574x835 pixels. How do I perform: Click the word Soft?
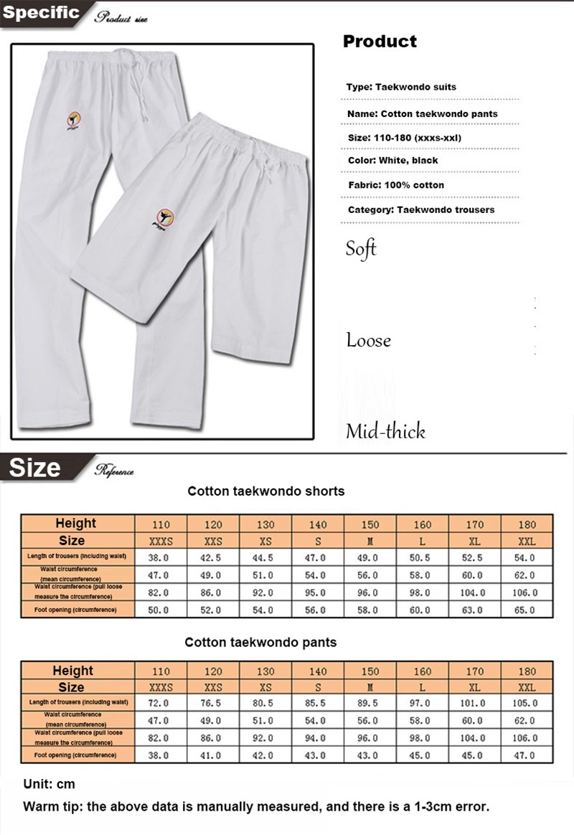(x=361, y=250)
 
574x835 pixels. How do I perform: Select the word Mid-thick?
(x=385, y=431)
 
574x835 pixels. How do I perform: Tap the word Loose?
(x=368, y=340)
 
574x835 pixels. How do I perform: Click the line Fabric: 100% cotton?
(x=395, y=185)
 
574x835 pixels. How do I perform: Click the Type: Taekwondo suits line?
(x=401, y=87)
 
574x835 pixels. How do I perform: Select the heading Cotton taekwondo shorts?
(x=266, y=491)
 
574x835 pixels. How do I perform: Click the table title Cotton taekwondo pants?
(x=260, y=642)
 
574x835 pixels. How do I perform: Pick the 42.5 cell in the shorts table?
(x=213, y=557)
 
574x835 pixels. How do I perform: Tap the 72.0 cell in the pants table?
(x=161, y=704)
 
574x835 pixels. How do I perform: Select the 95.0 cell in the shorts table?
(x=317, y=593)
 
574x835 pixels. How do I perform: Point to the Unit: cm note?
(x=49, y=784)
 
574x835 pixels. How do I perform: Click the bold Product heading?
(x=380, y=42)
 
